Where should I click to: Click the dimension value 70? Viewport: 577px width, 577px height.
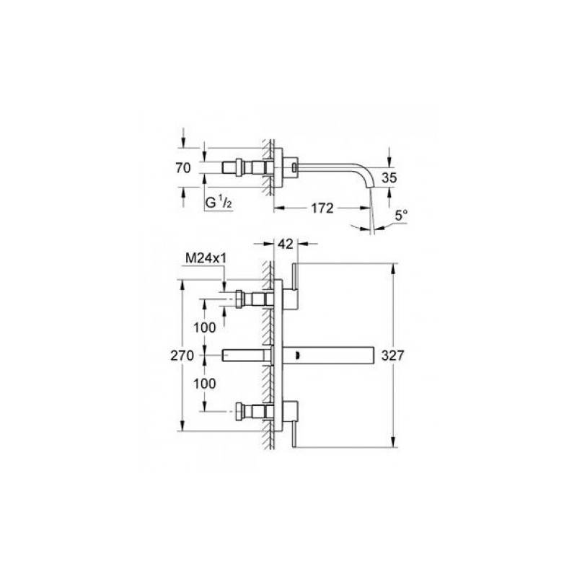click(x=183, y=168)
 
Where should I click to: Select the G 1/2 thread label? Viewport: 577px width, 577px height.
click(x=219, y=202)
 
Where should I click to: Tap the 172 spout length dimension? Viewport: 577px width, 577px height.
click(x=322, y=208)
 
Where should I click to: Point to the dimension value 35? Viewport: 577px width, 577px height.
click(x=389, y=177)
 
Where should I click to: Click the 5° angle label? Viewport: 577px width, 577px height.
click(x=401, y=215)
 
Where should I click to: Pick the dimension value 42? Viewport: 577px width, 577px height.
click(x=286, y=244)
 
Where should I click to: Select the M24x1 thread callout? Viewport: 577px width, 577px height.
click(x=206, y=258)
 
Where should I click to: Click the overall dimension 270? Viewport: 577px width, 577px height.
click(x=182, y=356)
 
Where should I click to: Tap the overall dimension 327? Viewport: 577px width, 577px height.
click(x=392, y=356)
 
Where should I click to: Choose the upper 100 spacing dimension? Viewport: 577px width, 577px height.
click(x=205, y=327)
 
